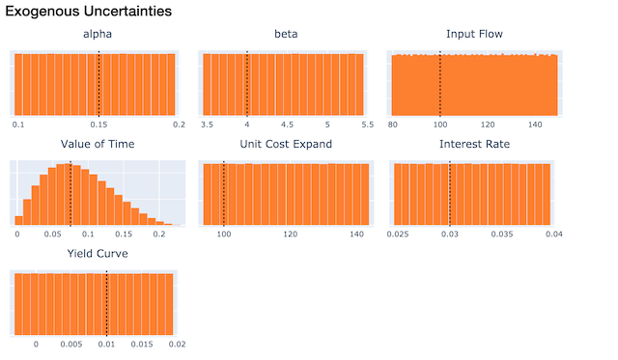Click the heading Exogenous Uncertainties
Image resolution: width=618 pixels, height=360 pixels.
(x=89, y=13)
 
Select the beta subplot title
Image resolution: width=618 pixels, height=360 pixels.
(x=286, y=35)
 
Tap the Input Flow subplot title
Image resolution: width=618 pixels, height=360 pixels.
(x=474, y=35)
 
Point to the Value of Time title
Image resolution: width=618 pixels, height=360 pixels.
(x=98, y=144)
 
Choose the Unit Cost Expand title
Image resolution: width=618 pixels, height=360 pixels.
(x=286, y=144)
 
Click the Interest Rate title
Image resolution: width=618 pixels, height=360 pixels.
(x=474, y=144)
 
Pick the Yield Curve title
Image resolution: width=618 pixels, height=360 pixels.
(x=98, y=254)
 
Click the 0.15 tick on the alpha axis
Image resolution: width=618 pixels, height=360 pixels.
(x=98, y=125)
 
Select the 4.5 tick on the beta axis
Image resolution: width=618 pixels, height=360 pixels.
(x=287, y=125)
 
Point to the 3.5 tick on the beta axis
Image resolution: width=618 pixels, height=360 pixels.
(x=207, y=125)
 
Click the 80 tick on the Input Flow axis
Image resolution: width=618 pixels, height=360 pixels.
(x=394, y=125)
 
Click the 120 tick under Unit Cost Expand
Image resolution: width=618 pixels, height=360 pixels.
(x=290, y=235)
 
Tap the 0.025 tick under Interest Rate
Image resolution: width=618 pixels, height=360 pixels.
(x=398, y=235)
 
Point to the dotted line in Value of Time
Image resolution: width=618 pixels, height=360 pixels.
(x=71, y=193)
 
